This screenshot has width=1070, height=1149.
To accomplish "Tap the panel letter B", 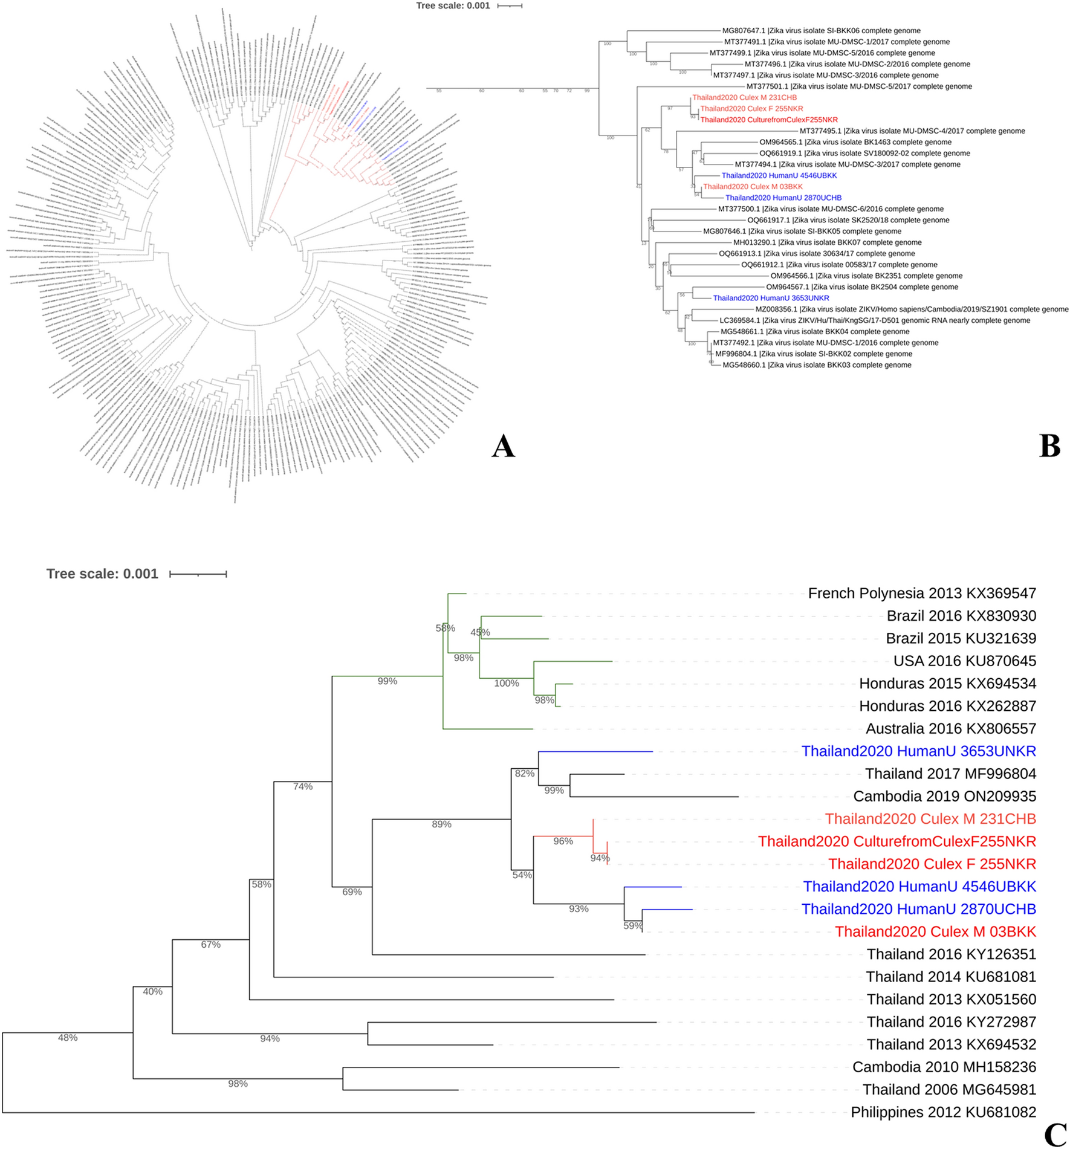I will coord(1049,446).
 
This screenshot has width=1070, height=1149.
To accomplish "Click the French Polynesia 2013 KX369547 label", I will coord(922,593).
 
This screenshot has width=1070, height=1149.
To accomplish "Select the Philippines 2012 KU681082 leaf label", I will coord(943,1112).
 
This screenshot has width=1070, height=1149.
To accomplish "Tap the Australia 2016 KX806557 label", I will coord(951,728).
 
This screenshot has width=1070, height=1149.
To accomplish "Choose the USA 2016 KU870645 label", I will coord(965,661).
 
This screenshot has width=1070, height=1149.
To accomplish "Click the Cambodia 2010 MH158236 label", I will coord(944,1067).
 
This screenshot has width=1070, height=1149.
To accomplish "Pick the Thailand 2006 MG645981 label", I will coord(949,1089).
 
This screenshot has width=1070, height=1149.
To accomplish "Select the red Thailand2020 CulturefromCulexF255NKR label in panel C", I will coord(897,841).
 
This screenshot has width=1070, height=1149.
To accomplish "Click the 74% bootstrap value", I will coord(303,786).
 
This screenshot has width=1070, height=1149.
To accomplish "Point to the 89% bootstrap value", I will coord(441,824).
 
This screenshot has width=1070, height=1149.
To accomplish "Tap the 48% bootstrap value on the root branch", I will coord(68,1038).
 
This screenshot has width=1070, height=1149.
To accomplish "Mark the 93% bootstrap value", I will coord(579,908).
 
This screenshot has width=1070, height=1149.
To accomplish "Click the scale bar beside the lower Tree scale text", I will coord(198,574).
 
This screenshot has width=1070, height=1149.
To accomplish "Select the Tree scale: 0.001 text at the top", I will coord(453,6).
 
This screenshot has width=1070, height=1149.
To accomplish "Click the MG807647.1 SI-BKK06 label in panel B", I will coord(822,31).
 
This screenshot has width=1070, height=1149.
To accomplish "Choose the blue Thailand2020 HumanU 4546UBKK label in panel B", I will coord(779,175).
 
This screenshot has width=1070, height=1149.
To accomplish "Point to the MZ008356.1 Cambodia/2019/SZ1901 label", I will coord(912,309).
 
